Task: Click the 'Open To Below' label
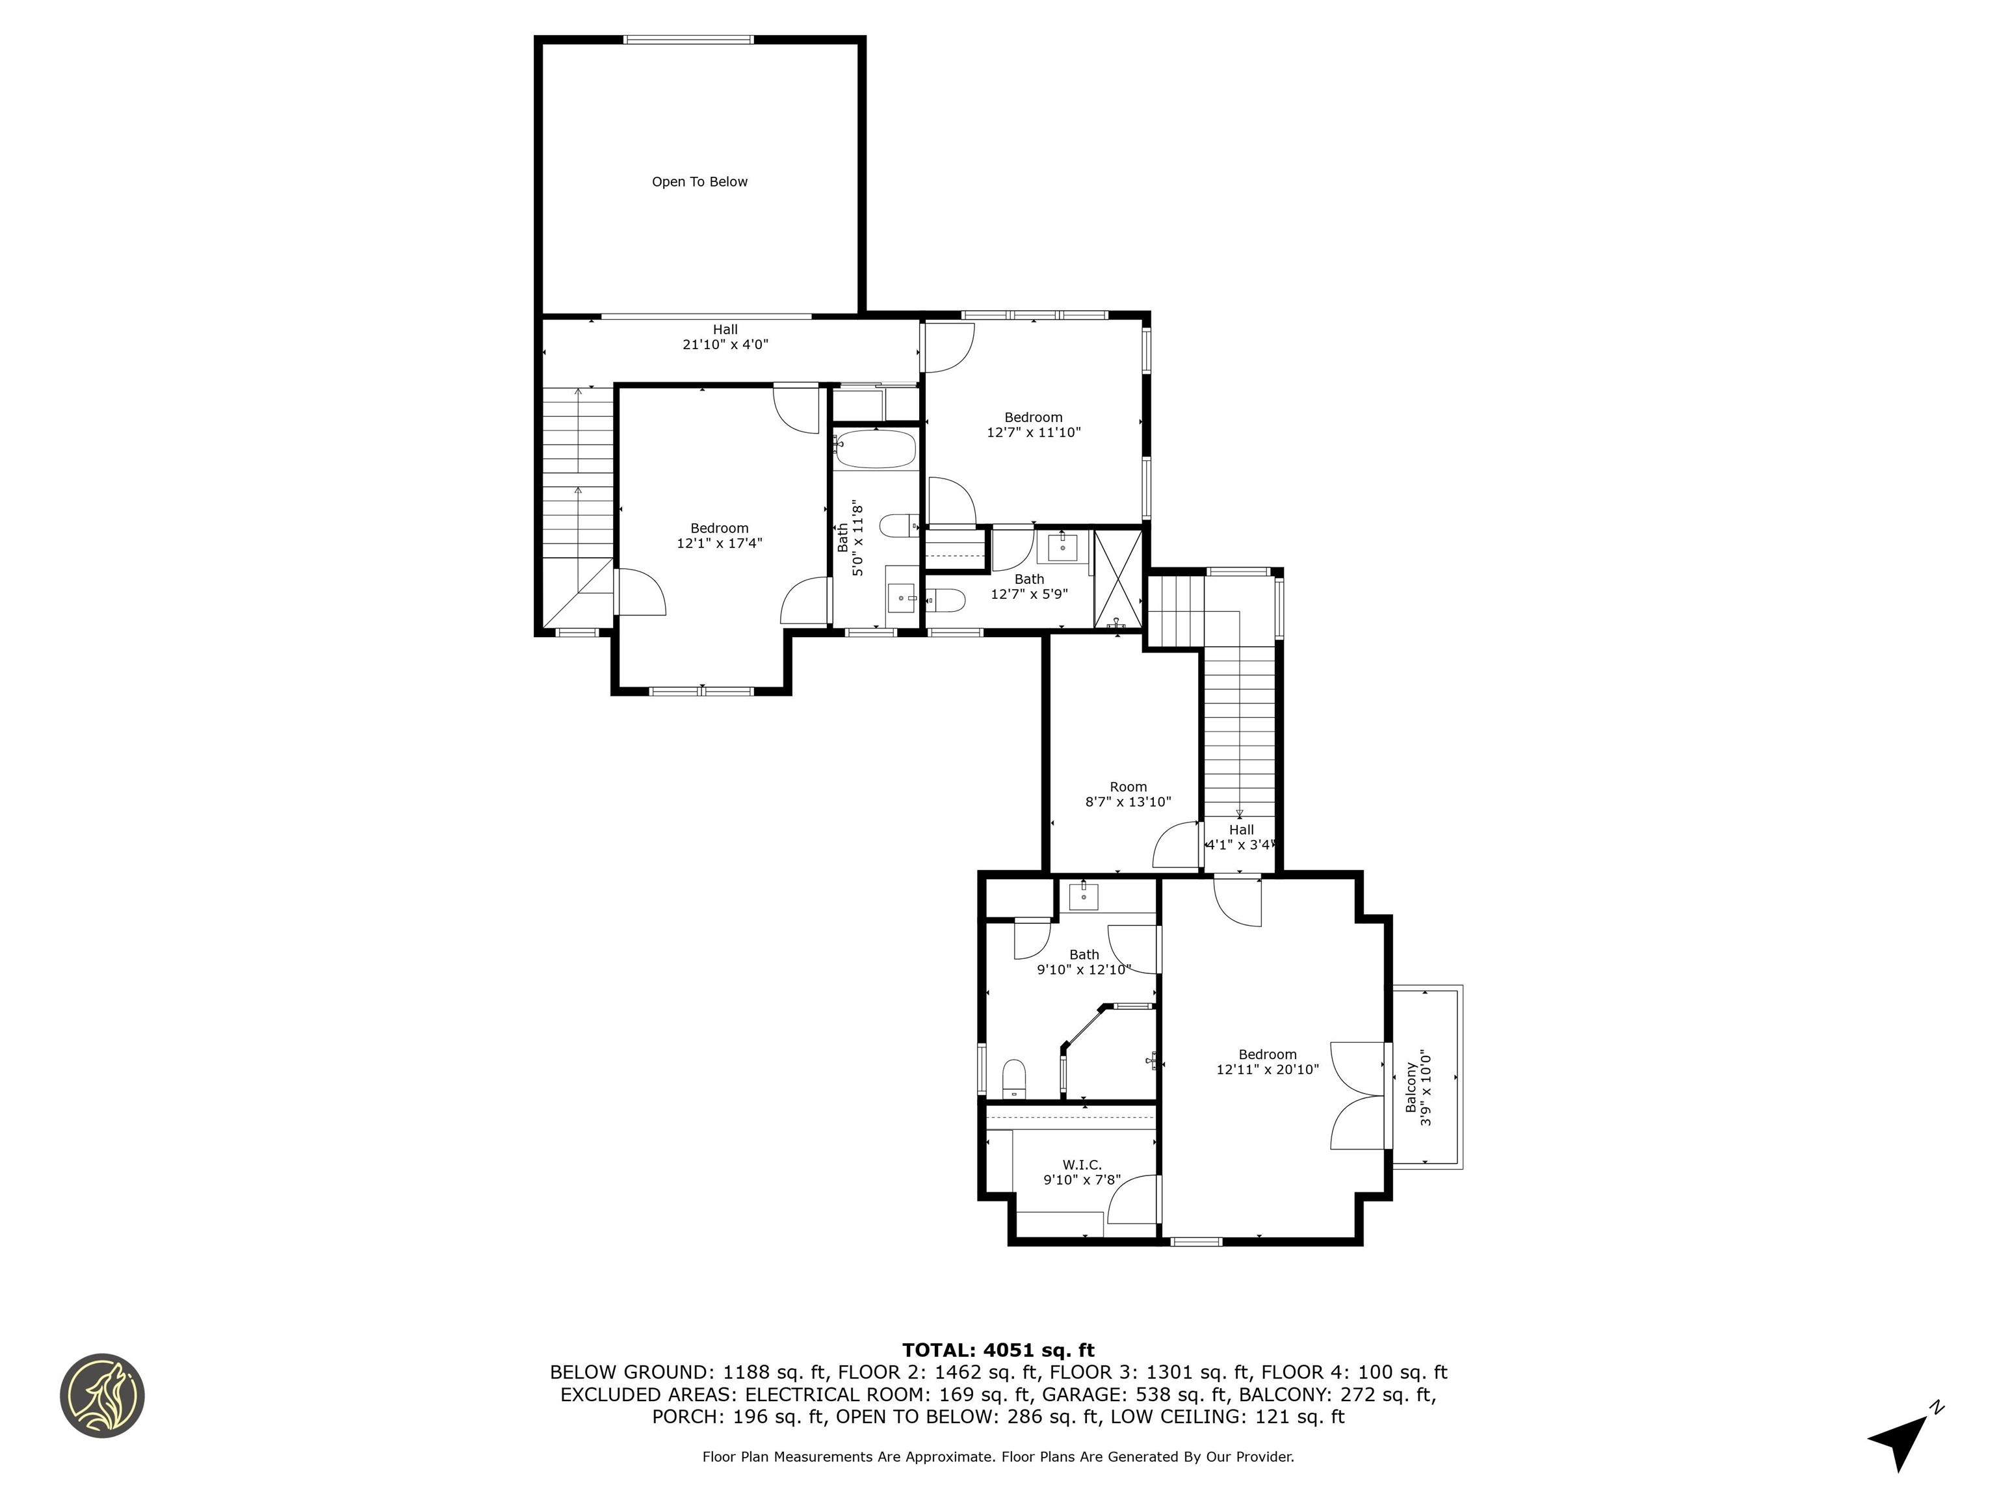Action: [x=699, y=181]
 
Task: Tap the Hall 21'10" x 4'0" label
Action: [x=725, y=337]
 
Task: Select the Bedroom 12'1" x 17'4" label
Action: [x=720, y=536]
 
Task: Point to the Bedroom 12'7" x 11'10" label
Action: [x=1033, y=425]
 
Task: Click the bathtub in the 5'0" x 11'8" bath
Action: [x=874, y=448]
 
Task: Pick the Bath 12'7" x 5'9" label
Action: [x=1029, y=586]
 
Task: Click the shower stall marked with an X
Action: [x=1117, y=579]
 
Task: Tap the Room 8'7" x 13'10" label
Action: [x=1128, y=794]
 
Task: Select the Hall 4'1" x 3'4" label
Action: [x=1240, y=837]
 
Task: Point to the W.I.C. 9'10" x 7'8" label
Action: [x=1082, y=1172]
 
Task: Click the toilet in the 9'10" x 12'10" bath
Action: [x=1015, y=1078]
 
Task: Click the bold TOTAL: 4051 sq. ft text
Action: [x=998, y=1350]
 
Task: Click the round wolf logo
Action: [x=102, y=1395]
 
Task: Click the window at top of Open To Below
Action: [x=688, y=40]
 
